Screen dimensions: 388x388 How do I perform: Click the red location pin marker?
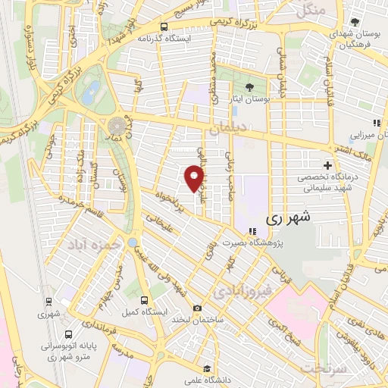coord(194,177)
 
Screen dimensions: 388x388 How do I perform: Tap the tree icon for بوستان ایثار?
coord(250,86)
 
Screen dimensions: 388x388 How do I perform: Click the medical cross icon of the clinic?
coord(327,165)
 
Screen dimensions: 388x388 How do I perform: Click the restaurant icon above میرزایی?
coord(375,123)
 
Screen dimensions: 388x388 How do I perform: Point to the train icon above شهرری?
coord(49,301)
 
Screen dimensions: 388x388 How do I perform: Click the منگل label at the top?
coord(311,10)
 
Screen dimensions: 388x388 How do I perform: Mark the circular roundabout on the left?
coord(117,126)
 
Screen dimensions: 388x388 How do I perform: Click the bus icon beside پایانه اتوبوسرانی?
coord(69,333)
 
